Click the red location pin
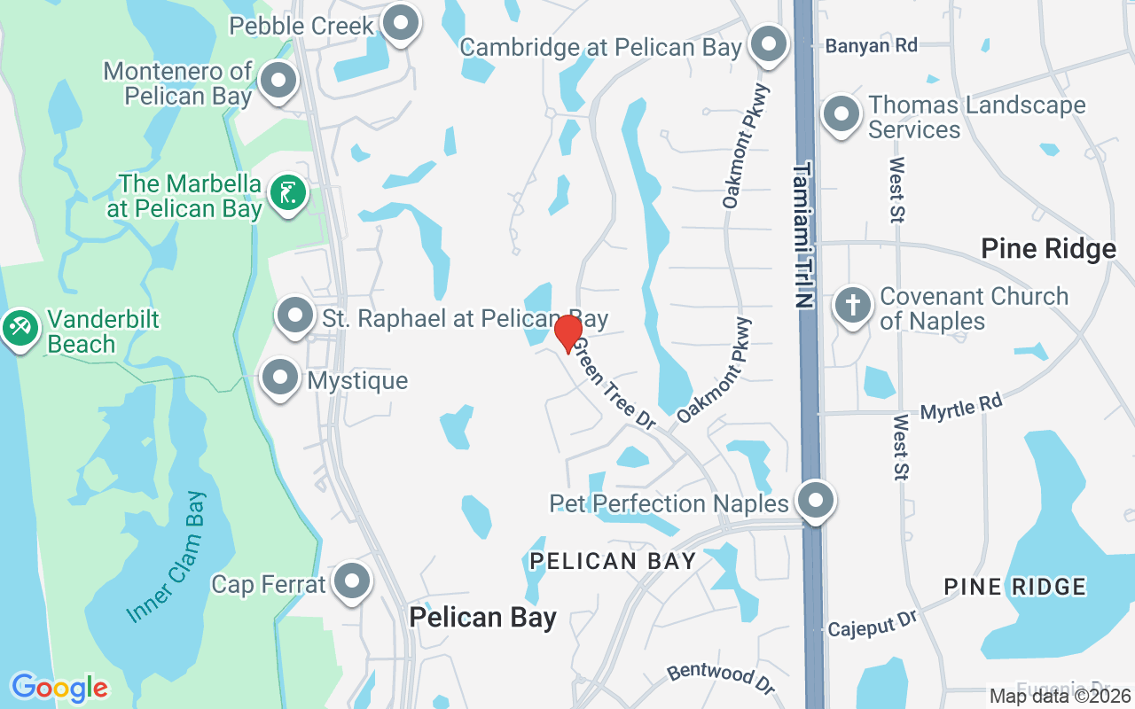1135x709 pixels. (568, 332)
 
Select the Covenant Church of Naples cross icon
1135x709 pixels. (852, 306)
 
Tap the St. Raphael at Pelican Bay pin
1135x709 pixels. (295, 316)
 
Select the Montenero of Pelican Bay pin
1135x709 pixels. (279, 81)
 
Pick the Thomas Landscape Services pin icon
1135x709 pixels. (841, 114)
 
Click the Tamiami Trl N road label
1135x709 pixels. (803, 235)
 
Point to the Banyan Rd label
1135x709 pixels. (871, 45)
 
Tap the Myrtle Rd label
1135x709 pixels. (961, 408)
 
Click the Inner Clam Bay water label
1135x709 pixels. (166, 557)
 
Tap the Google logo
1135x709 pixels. (59, 687)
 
